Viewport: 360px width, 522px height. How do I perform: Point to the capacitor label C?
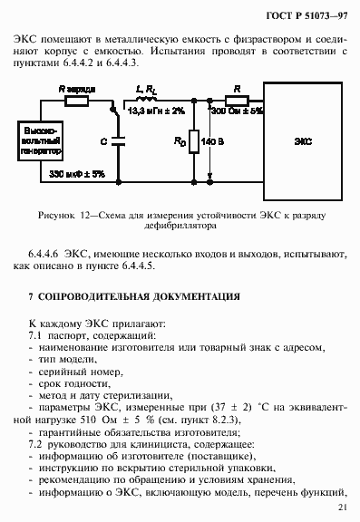click(x=105, y=141)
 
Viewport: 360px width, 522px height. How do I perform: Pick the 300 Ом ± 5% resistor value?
click(x=237, y=111)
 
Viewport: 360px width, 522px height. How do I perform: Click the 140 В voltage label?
click(x=215, y=142)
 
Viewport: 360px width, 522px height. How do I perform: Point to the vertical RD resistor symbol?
click(x=194, y=142)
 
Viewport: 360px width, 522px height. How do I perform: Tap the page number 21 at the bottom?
click(x=341, y=507)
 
